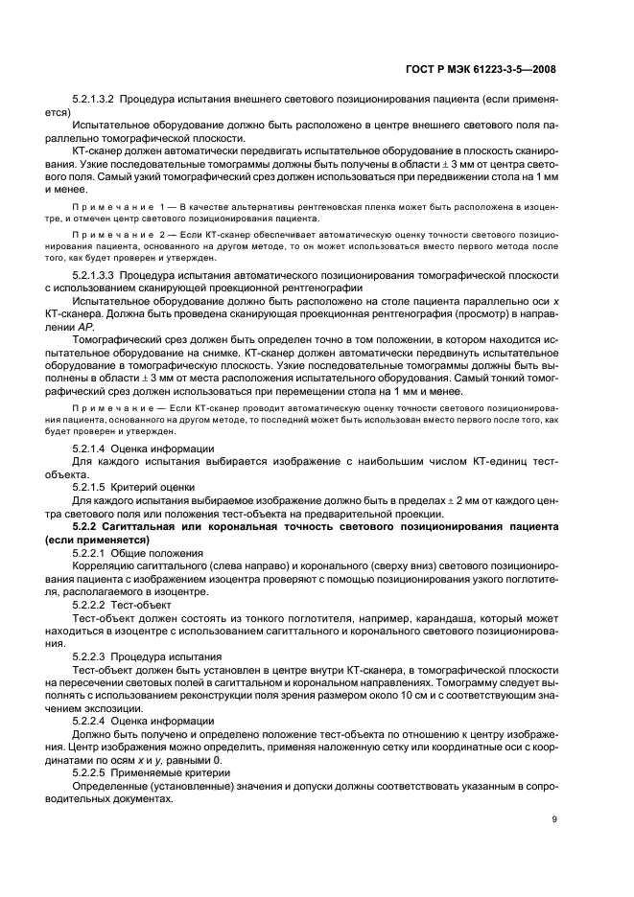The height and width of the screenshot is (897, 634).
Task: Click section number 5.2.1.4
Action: coord(90,448)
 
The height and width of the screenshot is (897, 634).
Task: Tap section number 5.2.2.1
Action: coord(90,553)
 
